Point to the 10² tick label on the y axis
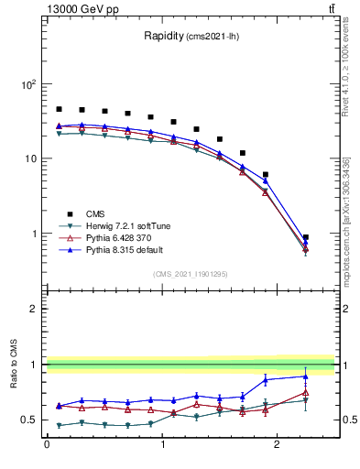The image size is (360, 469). pyautogui.click(x=27, y=84)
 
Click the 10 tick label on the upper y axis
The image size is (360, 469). pyautogui.click(x=30, y=158)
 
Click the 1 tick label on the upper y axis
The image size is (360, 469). pyautogui.click(x=35, y=234)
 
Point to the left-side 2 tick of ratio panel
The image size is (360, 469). pyautogui.click(x=35, y=309)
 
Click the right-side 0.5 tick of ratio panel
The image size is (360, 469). pyautogui.click(x=347, y=420)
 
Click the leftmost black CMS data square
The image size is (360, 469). pyautogui.click(x=59, y=109)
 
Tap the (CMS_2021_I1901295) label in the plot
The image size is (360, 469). pyautogui.click(x=190, y=274)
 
